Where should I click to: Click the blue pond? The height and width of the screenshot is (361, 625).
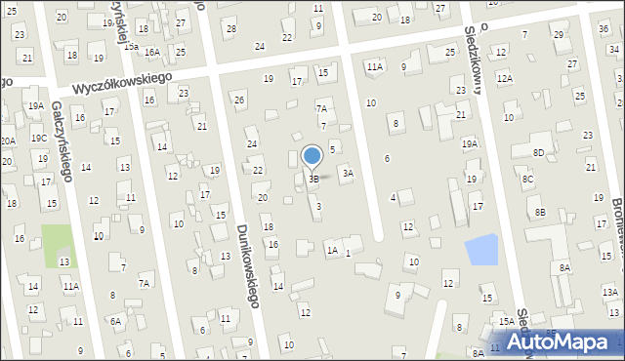pos(481,250)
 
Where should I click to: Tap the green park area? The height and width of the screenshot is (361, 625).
pos(58,244)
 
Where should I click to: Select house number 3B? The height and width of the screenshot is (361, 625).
pos(313,180)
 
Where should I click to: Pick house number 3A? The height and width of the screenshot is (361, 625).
pos(347,174)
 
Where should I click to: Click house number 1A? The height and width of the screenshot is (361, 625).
pos(332,251)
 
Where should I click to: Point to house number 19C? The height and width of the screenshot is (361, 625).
pos(38,139)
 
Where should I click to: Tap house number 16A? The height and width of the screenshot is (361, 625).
pos(152,53)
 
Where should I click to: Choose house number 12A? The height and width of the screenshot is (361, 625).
pos(504,78)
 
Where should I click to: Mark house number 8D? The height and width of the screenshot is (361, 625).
pos(538,152)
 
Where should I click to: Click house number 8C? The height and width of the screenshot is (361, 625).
pos(527,180)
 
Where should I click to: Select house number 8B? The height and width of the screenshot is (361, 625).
pos(540,212)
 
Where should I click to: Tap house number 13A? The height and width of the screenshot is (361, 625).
pos(610,292)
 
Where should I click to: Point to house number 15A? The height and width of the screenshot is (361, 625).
pos(507,321)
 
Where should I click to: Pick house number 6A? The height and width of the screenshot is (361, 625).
pos(115,321)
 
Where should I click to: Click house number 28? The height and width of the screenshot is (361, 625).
pos(230,28)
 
